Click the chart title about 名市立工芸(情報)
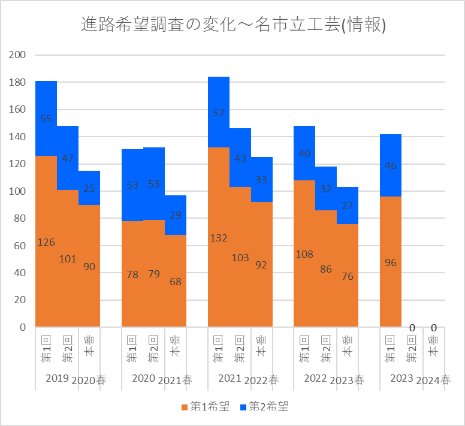click(232, 25)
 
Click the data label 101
click(68, 259)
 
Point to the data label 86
click(326, 269)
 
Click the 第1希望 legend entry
click(205, 407)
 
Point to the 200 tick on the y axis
click(17, 55)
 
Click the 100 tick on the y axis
click(17, 192)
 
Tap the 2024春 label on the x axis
click(433, 380)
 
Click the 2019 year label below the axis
click(57, 378)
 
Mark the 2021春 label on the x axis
click(176, 380)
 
